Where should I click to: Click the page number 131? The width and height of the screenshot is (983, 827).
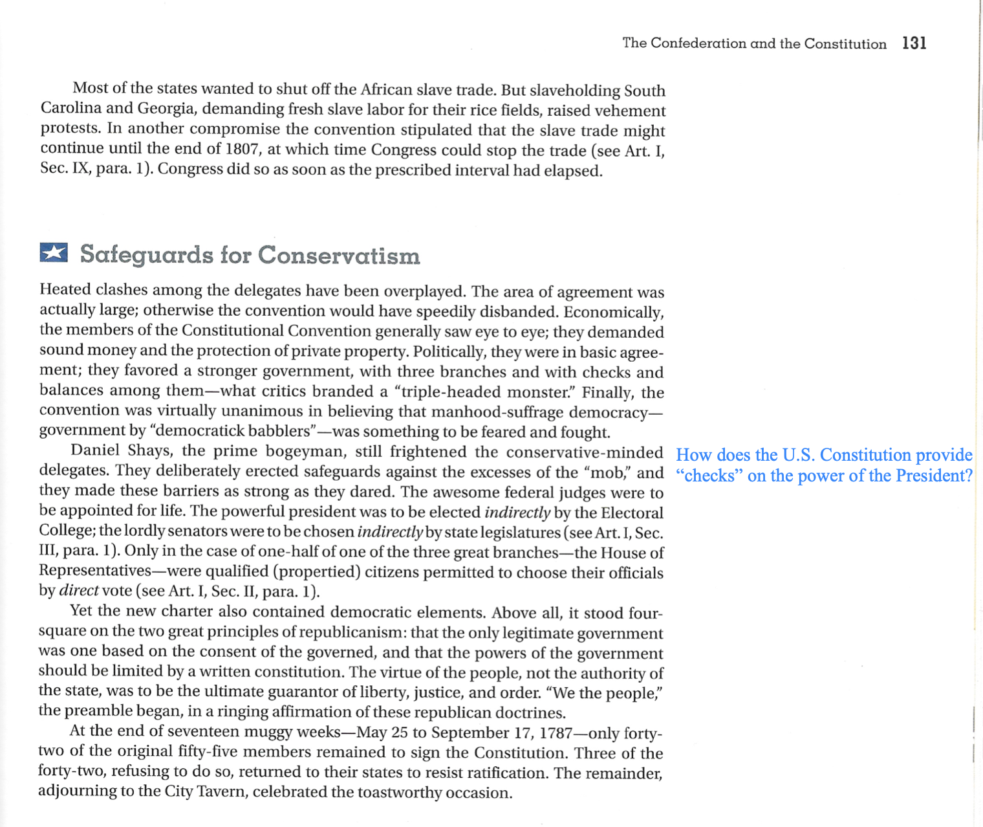914,43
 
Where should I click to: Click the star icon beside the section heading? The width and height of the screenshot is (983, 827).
54,252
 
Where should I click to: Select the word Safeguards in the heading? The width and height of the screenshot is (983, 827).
146,255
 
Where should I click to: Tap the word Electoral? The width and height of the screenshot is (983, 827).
632,513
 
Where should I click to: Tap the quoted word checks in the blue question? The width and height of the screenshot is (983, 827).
709,476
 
